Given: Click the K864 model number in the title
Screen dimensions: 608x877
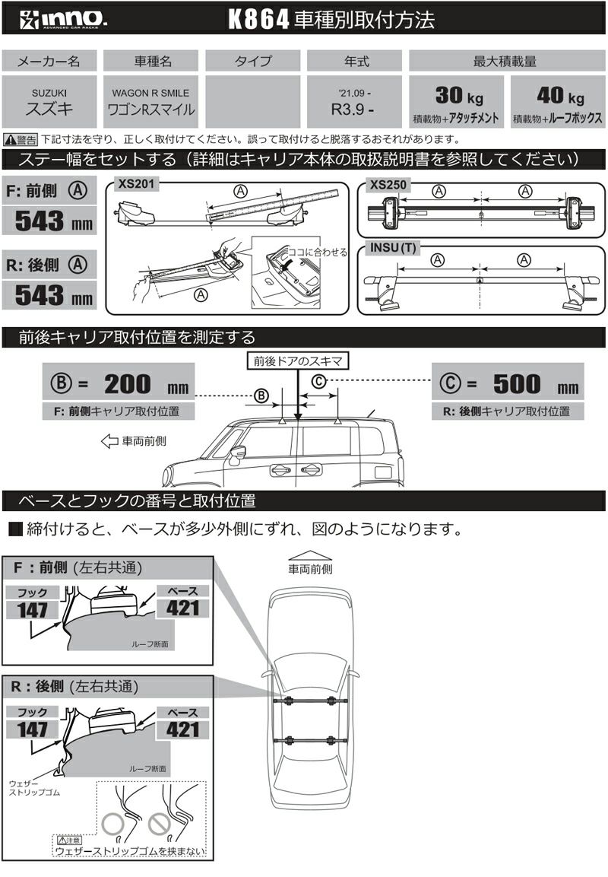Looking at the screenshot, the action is coord(258,20).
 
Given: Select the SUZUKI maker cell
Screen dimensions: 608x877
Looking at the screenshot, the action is coord(49,102).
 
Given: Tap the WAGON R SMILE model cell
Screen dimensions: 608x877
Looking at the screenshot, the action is coord(151,102).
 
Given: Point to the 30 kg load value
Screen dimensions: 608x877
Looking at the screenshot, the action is coord(459,96).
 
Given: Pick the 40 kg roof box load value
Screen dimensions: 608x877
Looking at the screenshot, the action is coord(561,96).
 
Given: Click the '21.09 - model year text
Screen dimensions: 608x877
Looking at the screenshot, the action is coord(354,94).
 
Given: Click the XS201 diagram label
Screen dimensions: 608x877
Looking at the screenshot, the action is coord(137,183).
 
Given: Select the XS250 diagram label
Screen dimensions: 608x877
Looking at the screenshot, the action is coord(388,185).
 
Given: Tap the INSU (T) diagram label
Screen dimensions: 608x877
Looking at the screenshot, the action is coord(394,247).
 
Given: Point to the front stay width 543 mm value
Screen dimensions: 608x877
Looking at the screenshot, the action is coord(54,221).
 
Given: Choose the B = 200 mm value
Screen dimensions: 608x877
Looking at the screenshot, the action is coord(119,384).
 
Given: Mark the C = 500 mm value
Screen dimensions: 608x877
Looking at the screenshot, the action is coord(508,384).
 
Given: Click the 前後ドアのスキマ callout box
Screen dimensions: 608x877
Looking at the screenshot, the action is coord(298,361).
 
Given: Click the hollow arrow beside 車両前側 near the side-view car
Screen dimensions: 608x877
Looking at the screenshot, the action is coord(109,441).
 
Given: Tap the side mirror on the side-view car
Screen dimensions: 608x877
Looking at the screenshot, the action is coord(237,453).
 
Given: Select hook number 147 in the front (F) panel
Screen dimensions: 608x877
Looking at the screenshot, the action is coord(32,609).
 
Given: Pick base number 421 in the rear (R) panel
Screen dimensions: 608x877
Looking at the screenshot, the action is coord(182,729).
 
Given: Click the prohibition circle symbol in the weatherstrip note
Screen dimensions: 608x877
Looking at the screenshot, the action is coord(160,823).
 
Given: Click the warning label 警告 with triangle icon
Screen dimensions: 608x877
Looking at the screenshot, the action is coord(21,139).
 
